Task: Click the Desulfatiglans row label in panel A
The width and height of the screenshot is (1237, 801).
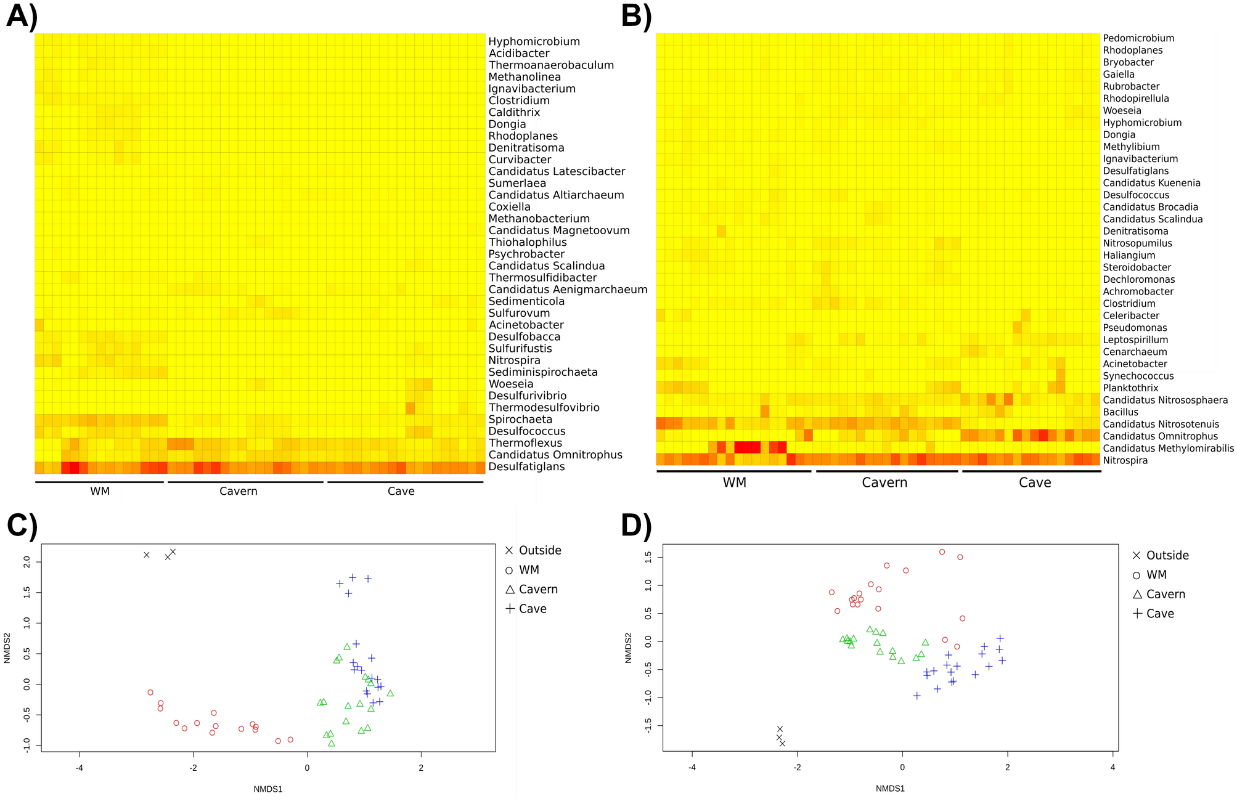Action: (527, 467)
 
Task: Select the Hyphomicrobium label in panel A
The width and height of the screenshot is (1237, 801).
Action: (534, 42)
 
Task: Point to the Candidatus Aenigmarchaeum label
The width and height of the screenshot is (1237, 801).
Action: (568, 290)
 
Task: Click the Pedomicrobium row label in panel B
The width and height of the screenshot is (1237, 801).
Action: (1138, 38)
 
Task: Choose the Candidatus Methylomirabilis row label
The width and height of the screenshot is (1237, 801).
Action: (1168, 449)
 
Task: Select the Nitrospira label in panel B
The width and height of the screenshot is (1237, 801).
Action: (1125, 461)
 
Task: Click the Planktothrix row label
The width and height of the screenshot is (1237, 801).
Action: (1130, 388)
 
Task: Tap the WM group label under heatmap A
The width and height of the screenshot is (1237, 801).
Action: (100, 492)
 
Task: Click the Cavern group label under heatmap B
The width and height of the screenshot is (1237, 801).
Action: (884, 483)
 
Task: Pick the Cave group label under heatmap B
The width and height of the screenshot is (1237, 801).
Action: (1034, 483)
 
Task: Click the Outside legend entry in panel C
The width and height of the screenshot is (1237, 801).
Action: (539, 551)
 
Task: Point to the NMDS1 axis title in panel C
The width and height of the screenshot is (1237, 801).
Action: (267, 789)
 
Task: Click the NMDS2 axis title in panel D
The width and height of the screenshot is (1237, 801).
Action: (629, 648)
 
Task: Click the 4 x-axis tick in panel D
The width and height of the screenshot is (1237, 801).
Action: (1112, 768)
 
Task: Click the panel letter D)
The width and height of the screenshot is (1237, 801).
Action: (637, 526)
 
